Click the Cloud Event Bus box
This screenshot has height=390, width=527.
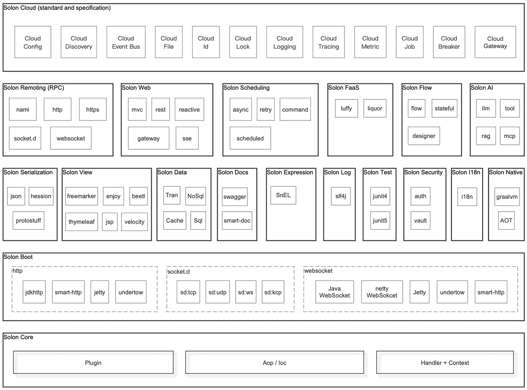(126, 42)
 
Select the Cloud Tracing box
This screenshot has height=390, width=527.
(328, 42)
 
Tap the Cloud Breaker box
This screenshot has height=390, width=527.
(449, 42)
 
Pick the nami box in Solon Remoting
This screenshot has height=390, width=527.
(23, 110)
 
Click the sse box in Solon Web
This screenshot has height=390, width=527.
(187, 138)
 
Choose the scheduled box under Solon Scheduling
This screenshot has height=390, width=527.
(250, 138)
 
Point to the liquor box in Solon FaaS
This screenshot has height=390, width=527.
(375, 109)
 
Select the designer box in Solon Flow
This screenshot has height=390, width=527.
(424, 136)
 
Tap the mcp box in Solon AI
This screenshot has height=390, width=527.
(509, 136)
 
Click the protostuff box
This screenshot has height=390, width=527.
(29, 221)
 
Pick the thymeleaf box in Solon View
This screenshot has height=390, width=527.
(81, 222)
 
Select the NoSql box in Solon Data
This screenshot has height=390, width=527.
(196, 196)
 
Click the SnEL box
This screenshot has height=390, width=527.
(284, 195)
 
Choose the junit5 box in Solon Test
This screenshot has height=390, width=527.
(380, 221)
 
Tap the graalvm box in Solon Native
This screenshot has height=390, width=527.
(507, 197)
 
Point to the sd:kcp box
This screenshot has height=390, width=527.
(273, 292)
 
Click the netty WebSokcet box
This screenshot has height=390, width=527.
(382, 292)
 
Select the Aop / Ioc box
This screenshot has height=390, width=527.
(275, 362)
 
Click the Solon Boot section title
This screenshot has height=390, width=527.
(18, 257)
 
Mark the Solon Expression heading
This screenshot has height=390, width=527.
(290, 172)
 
